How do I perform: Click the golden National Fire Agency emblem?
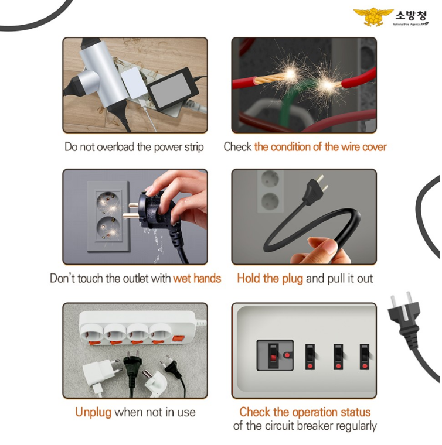pos(373,17)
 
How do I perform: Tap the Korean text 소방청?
pos(411,15)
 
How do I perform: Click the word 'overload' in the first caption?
pos(115,147)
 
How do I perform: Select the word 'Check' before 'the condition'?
pos(237,147)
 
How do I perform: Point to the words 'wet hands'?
pos(197,278)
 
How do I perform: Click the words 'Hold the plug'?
pos(270,279)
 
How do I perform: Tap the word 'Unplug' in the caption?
pos(93,413)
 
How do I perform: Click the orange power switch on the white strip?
pos(178,338)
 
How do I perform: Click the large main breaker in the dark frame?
pos(275,355)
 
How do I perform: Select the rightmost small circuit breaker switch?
pos(365,357)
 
